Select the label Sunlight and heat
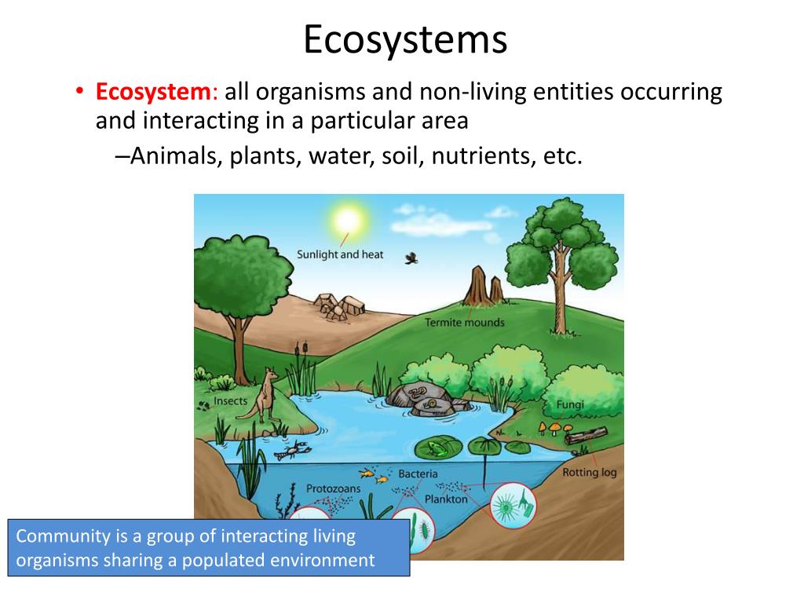coord(339,254)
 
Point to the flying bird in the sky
coord(411,258)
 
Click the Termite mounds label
coord(465,322)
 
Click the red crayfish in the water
coord(296,451)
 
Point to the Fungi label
coord(570,405)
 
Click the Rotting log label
coord(589,473)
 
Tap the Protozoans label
coord(333,488)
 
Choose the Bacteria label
coord(418,473)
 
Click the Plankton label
coord(446,499)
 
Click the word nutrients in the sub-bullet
coord(479,155)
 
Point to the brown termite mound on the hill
coord(477,288)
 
